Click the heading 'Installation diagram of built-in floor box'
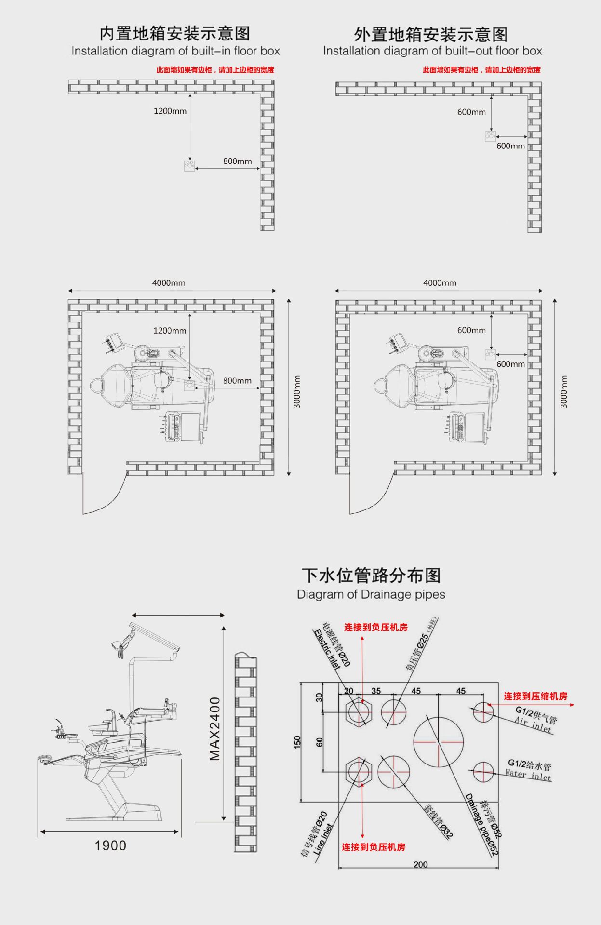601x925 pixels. [x=175, y=51]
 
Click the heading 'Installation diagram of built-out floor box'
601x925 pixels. [x=432, y=51]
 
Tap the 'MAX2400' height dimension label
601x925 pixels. [x=215, y=728]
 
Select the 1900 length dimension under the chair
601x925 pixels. [x=110, y=845]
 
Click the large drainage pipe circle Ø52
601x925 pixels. [x=439, y=742]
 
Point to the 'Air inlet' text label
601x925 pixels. [x=533, y=724]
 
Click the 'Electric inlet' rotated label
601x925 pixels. [x=327, y=649]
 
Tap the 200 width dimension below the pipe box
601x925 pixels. [x=420, y=864]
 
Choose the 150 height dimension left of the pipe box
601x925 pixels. [x=297, y=742]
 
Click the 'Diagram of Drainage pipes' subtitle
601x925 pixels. [x=371, y=594]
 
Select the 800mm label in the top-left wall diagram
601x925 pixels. [x=237, y=161]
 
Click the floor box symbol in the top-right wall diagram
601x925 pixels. [x=490, y=136]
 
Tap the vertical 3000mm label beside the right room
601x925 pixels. [x=564, y=391]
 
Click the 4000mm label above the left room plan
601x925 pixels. [x=169, y=283]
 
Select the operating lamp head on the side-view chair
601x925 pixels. [x=118, y=646]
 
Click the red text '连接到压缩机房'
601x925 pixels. [x=535, y=696]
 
